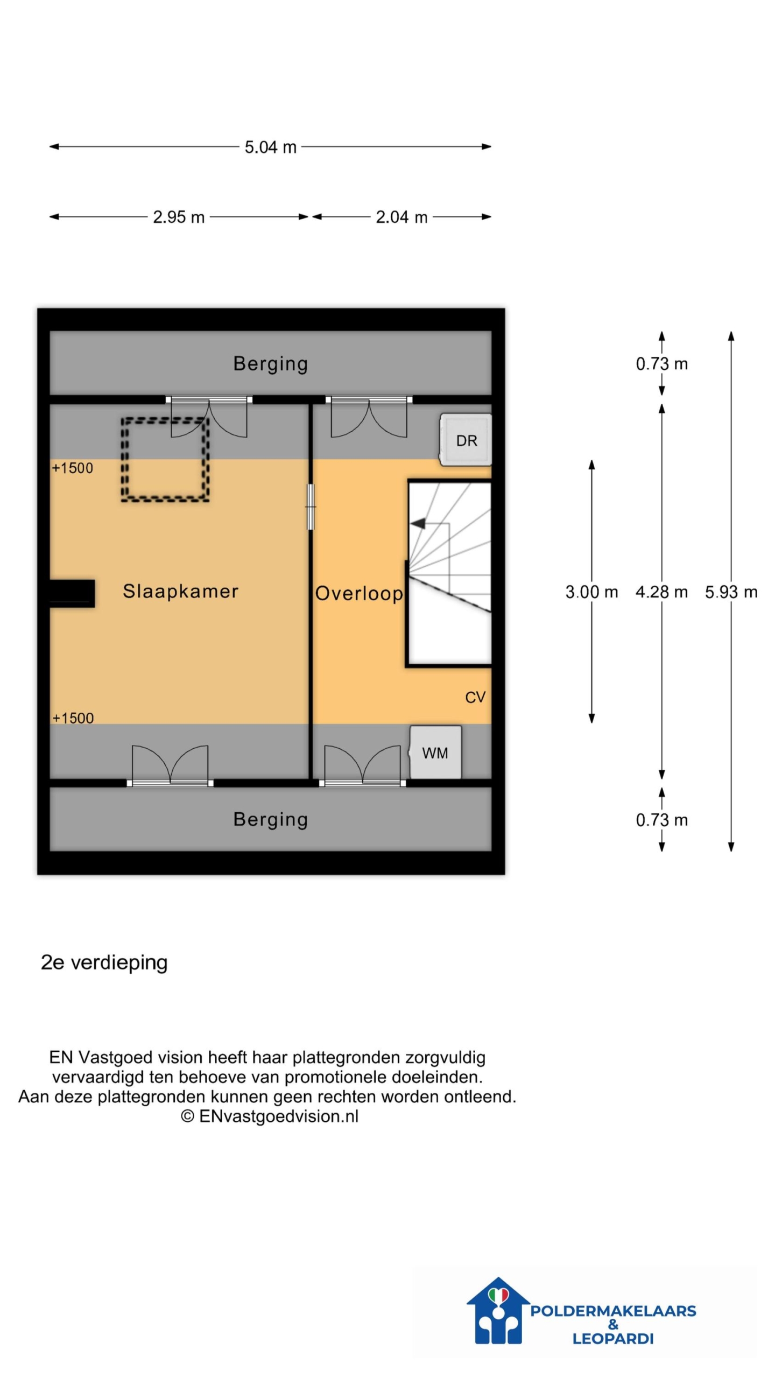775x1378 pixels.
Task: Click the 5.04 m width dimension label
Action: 270,147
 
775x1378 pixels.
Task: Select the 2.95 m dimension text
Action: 179,217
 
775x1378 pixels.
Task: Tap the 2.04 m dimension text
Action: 401,217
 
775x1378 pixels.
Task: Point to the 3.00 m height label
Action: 591,592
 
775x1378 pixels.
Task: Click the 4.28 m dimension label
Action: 661,592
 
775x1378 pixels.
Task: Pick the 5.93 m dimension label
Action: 731,592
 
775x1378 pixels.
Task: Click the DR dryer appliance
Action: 466,440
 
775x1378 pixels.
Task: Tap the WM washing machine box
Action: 435,752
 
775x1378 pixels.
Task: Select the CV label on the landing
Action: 475,698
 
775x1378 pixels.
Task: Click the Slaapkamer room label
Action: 180,591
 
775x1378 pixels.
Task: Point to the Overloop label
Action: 359,593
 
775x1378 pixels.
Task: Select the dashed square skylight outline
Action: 165,460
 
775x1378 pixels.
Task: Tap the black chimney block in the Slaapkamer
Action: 72,594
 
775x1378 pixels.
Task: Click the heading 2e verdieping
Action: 104,962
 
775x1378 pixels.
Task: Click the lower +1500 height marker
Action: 73,718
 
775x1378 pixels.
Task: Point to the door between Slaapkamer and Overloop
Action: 311,507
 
